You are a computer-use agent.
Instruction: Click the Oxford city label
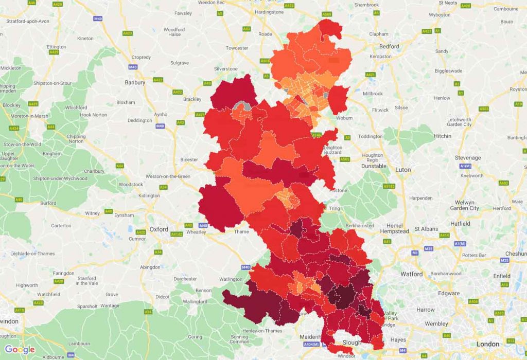[159, 229]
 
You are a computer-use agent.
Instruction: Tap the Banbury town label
[135, 82]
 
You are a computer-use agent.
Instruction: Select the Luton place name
[403, 170]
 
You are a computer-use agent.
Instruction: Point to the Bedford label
[389, 46]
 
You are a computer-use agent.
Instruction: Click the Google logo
[20, 350]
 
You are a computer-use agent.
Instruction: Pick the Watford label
[411, 274]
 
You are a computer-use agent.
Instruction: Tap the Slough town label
[352, 343]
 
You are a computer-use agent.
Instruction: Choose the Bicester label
[189, 159]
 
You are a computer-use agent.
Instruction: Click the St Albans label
[426, 229]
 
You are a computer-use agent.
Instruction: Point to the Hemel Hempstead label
[394, 229]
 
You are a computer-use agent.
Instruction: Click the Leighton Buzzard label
[332, 150]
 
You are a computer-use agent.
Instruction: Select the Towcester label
[237, 48]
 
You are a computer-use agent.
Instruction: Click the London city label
[487, 344]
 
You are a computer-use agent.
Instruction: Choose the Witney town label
[93, 213]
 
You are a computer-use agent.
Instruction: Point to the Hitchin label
[442, 136]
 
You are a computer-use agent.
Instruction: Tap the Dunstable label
[374, 166]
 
